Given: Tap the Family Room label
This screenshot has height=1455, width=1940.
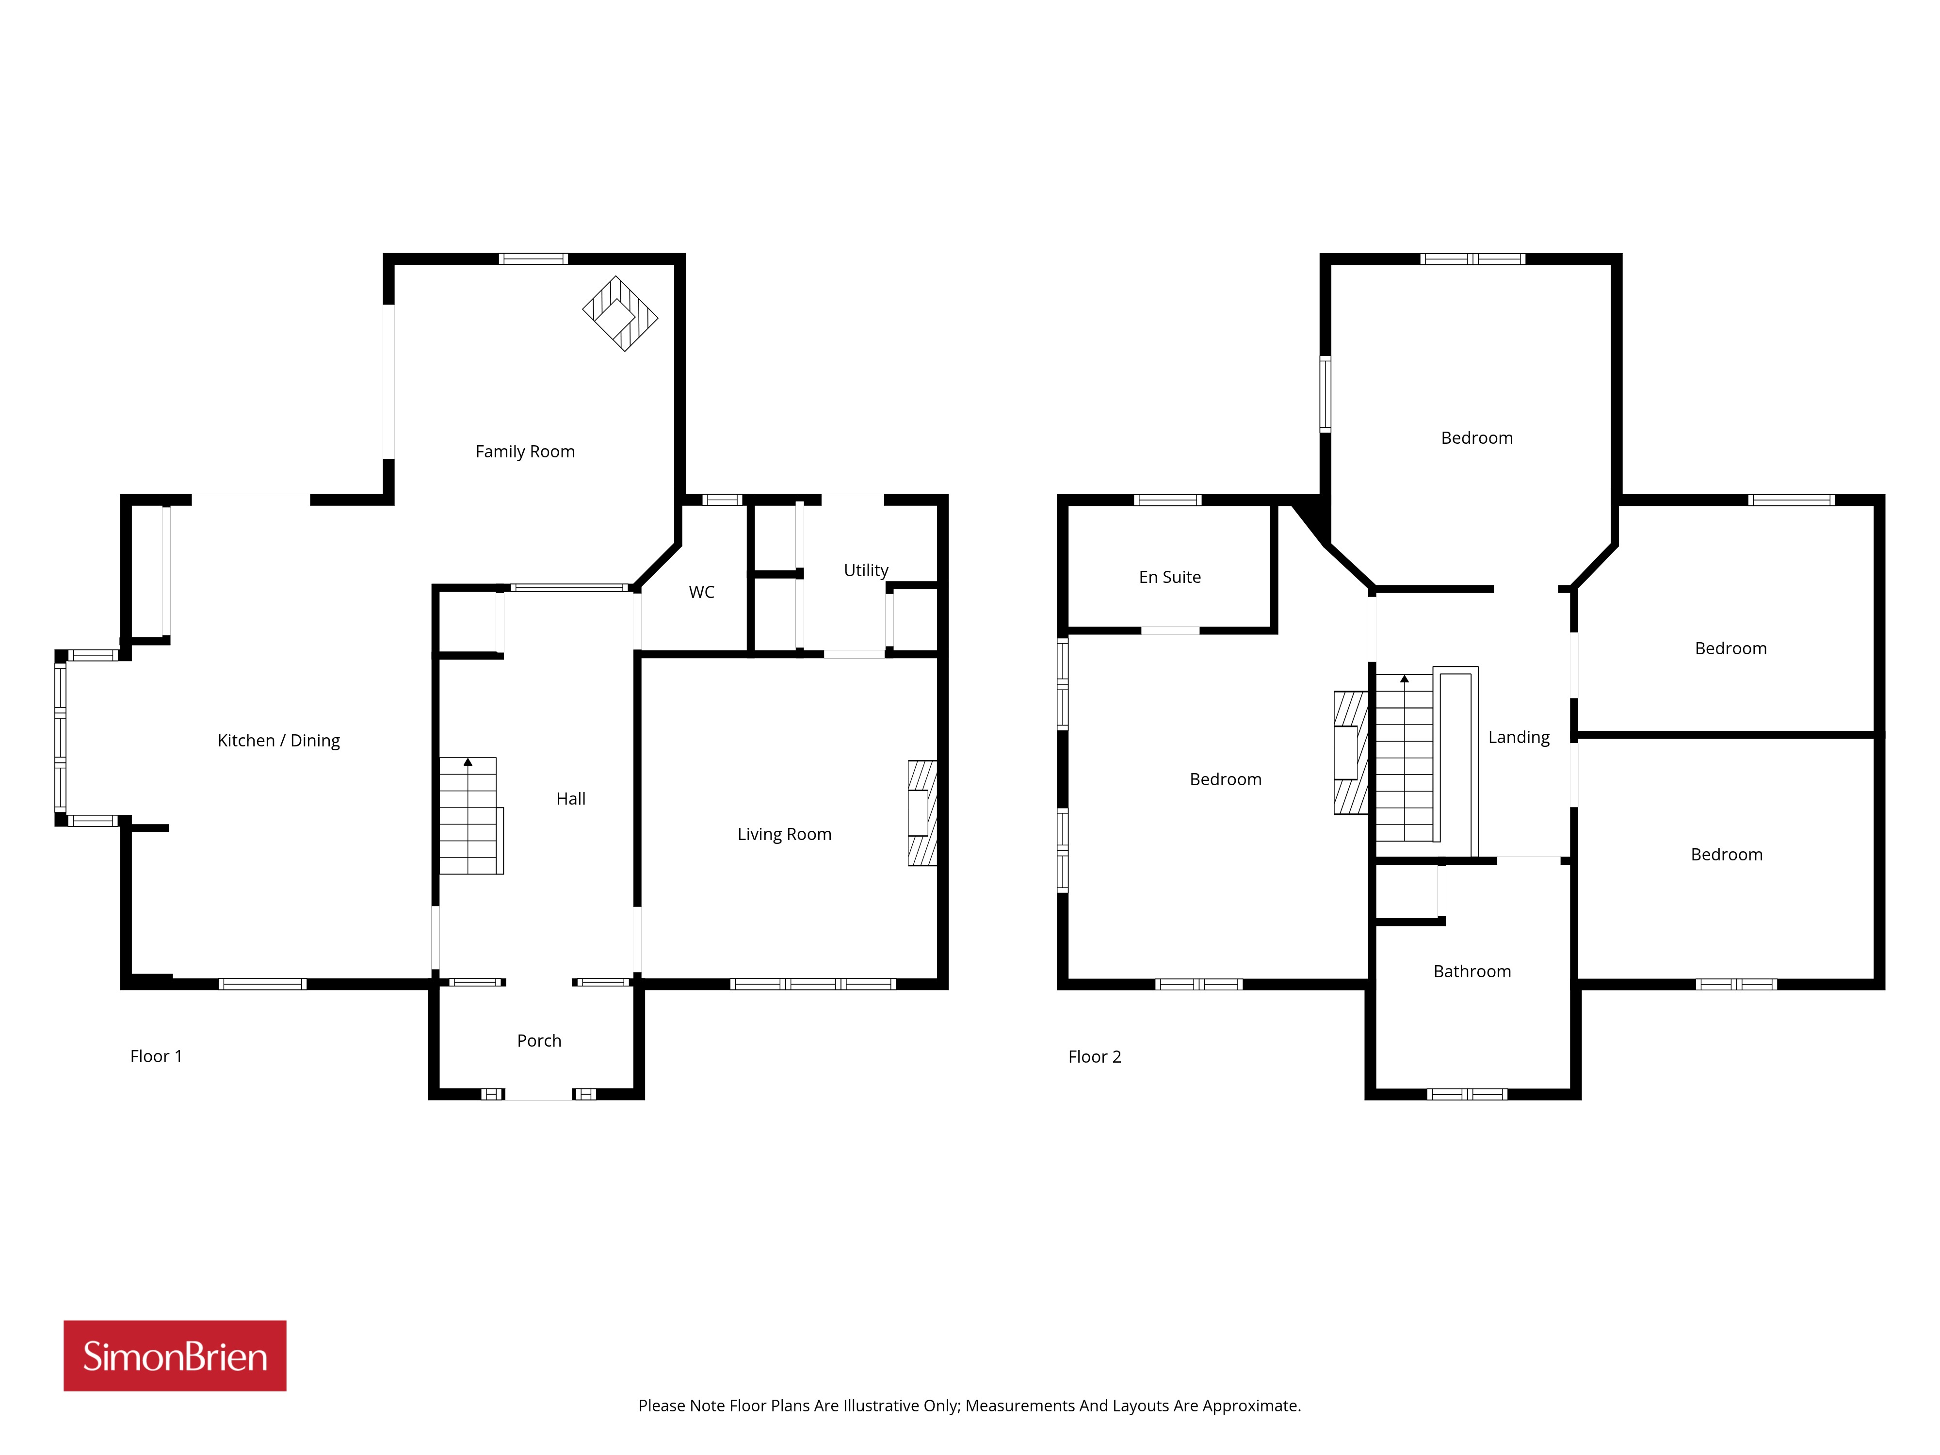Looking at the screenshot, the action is click(524, 452).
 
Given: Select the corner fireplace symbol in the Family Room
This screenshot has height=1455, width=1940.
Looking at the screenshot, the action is click(620, 313).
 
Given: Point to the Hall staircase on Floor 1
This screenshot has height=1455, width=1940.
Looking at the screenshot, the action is click(471, 816).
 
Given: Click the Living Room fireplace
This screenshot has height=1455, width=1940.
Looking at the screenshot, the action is click(922, 813).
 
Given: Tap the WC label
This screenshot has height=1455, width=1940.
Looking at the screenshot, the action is click(702, 592).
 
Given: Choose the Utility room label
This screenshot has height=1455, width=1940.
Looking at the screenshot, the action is click(866, 570).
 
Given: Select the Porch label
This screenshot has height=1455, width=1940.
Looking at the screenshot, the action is click(538, 1040).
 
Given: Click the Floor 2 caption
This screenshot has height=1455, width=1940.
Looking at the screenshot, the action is click(1095, 1057).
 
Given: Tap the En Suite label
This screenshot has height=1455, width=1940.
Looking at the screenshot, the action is click(1170, 577).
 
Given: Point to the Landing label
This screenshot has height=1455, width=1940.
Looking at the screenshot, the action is click(1519, 738).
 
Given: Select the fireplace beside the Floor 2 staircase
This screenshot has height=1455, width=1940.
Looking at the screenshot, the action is click(1351, 753).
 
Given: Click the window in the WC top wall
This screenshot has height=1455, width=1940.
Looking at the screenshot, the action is click(723, 500).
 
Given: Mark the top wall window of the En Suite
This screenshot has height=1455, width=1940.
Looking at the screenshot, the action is click(1167, 500).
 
